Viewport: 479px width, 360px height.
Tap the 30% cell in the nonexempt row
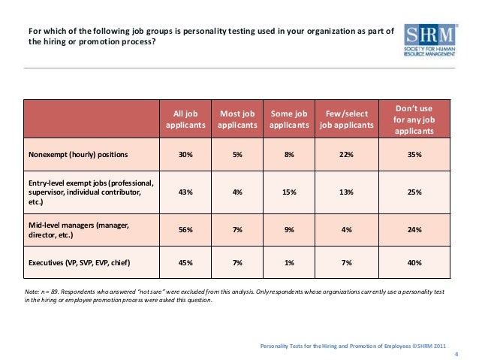(x=185, y=155)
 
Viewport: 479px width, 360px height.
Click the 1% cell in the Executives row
(x=289, y=263)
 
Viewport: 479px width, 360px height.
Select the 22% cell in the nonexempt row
(x=346, y=155)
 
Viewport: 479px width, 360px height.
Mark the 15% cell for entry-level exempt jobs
(x=289, y=192)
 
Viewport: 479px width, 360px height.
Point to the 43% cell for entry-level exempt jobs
(x=185, y=192)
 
